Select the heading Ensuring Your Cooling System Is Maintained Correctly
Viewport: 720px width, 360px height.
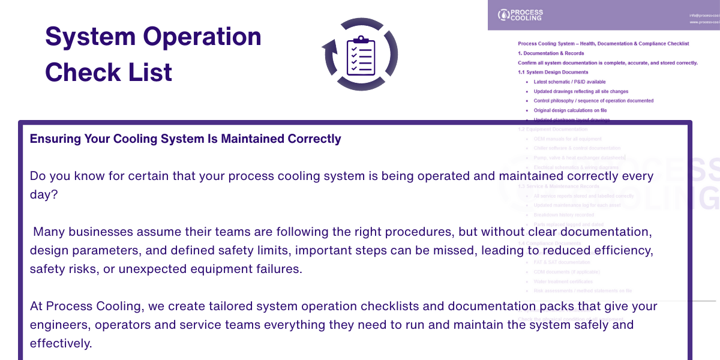pyautogui.click(x=185, y=139)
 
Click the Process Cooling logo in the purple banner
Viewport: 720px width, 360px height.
pyautogui.click(x=520, y=15)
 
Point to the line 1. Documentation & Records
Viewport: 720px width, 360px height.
pyautogui.click(x=551, y=53)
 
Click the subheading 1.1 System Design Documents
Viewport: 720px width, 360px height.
pyautogui.click(x=553, y=72)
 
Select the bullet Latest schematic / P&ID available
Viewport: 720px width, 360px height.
pyautogui.click(x=569, y=82)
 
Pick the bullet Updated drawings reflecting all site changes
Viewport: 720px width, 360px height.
pyautogui.click(x=581, y=91)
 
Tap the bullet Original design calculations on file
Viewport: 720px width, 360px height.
pyautogui.click(x=570, y=110)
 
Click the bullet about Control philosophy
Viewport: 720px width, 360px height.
pyautogui.click(x=593, y=101)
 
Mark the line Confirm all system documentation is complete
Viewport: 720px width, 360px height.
pyautogui.click(x=607, y=62)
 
